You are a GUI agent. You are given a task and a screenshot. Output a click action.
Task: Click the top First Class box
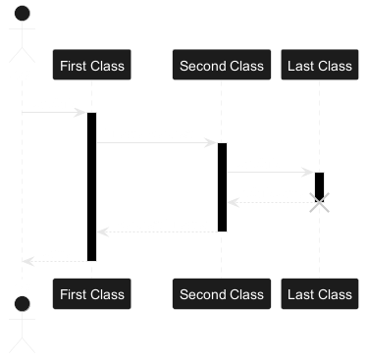pyautogui.click(x=92, y=65)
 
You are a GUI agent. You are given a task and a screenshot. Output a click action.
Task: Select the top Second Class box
pyautogui.click(x=222, y=65)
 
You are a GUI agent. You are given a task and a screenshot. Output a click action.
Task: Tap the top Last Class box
pyautogui.click(x=320, y=65)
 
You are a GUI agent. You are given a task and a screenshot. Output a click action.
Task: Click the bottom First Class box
pyautogui.click(x=92, y=293)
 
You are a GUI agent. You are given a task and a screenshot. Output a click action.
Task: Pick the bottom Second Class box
pyautogui.click(x=222, y=293)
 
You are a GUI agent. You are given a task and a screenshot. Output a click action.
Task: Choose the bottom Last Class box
pyautogui.click(x=320, y=293)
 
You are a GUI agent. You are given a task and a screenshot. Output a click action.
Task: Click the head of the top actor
pyautogui.click(x=23, y=14)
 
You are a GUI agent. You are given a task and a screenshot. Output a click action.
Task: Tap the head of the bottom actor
pyautogui.click(x=23, y=304)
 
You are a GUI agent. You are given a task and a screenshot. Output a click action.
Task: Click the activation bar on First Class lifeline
pyautogui.click(x=92, y=186)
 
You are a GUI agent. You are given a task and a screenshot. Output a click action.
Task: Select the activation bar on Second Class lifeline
pyautogui.click(x=222, y=187)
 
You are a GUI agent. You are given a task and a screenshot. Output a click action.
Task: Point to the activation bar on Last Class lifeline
pyautogui.click(x=320, y=187)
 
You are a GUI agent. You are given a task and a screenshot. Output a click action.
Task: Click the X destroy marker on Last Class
pyautogui.click(x=320, y=202)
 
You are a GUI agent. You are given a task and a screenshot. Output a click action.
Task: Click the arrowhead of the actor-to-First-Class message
pyautogui.click(x=80, y=113)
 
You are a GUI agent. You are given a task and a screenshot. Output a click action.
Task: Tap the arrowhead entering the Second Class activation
pyautogui.click(x=211, y=143)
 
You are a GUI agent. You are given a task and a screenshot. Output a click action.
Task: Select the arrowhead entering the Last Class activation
pyautogui.click(x=308, y=173)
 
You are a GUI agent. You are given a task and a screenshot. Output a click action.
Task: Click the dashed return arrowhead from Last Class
pyautogui.click(x=234, y=202)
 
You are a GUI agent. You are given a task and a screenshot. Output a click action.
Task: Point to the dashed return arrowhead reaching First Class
pyautogui.click(x=103, y=232)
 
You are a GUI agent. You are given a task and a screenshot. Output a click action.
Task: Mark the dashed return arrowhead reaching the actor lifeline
pyautogui.click(x=28, y=261)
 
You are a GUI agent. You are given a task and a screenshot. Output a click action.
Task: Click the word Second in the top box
pyautogui.click(x=199, y=66)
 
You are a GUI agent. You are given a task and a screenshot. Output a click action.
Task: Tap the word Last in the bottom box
pyautogui.click(x=298, y=294)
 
